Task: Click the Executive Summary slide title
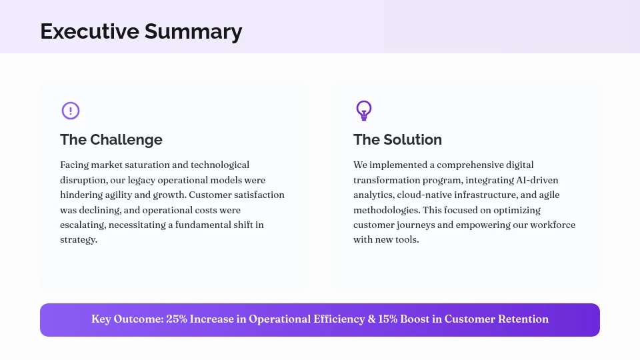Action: (x=141, y=31)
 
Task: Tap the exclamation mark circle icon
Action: (x=71, y=111)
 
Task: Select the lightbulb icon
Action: (x=363, y=110)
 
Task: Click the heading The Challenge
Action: (x=111, y=140)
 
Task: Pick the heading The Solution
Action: (x=397, y=140)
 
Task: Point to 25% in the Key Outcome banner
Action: (x=176, y=319)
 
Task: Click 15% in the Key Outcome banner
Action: (x=388, y=319)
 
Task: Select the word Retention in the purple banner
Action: (x=523, y=319)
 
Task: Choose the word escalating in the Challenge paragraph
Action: (x=82, y=225)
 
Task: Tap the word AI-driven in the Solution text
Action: (x=537, y=180)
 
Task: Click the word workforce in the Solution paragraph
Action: (x=553, y=225)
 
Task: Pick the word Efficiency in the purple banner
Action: (x=339, y=319)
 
